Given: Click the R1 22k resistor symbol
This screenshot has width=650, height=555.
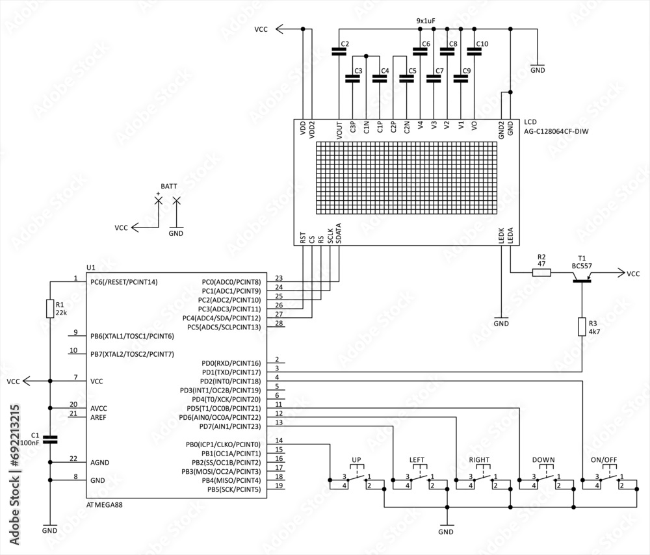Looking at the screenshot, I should (x=50, y=309).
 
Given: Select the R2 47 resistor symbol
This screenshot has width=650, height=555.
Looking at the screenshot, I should (x=541, y=273).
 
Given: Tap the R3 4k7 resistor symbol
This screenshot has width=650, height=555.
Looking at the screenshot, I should (x=582, y=327).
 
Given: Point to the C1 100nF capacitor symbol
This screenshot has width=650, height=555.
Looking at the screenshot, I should (x=50, y=439).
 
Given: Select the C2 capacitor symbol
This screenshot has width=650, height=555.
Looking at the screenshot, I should (x=339, y=51).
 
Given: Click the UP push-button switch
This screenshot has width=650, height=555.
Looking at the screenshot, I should (x=356, y=480).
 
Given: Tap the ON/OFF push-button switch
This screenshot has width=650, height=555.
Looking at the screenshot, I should (x=610, y=480).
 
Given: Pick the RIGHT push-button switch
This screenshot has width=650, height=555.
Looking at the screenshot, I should (x=483, y=480).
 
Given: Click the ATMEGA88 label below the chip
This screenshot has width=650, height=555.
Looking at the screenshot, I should (x=104, y=504).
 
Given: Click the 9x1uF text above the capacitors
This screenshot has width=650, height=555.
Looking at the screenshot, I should (x=425, y=21).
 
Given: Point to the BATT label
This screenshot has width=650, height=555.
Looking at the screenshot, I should (x=168, y=186).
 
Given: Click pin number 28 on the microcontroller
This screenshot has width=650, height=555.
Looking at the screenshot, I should (x=279, y=323).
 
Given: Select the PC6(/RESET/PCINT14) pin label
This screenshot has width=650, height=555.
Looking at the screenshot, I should (x=123, y=282).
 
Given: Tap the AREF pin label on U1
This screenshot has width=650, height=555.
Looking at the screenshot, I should (x=99, y=417).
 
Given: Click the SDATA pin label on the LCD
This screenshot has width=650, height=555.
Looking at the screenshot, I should (x=339, y=234).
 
